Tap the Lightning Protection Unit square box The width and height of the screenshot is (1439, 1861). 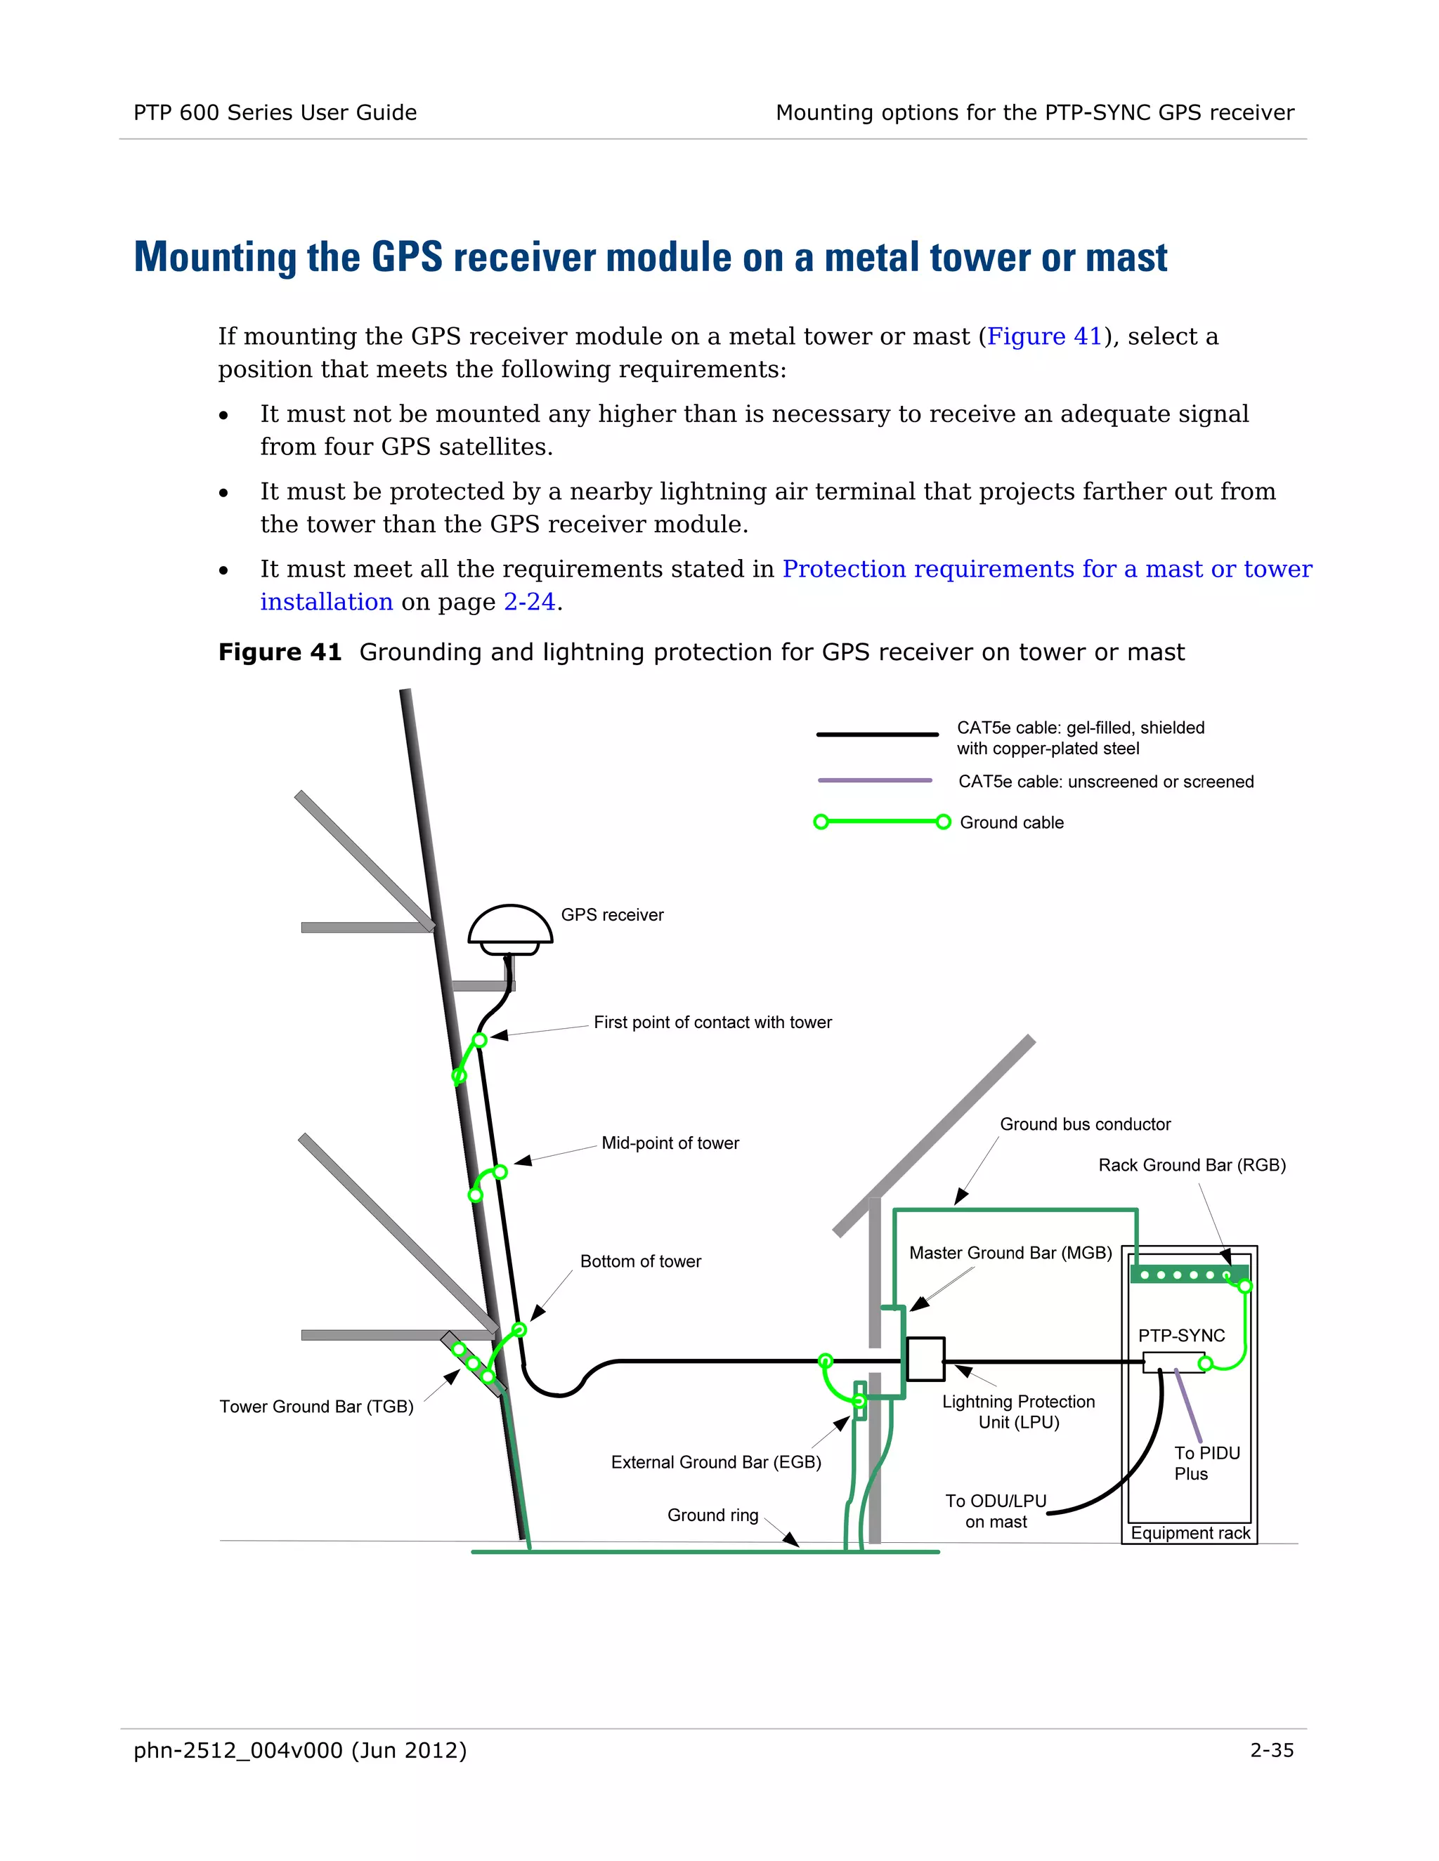click(925, 1358)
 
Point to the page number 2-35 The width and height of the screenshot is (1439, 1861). click(1271, 1750)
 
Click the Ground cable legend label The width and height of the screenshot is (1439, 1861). click(1011, 822)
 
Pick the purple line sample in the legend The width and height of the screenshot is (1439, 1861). click(874, 780)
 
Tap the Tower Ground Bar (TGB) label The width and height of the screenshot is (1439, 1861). click(316, 1406)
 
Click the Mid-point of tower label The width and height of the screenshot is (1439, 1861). click(670, 1143)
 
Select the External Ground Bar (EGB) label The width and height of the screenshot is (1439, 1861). click(715, 1462)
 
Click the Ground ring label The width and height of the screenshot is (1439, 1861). click(712, 1515)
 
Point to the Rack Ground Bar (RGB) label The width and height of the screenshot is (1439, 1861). click(1191, 1165)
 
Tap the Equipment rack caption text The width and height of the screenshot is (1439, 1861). click(1190, 1533)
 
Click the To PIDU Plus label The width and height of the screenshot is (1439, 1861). click(1206, 1463)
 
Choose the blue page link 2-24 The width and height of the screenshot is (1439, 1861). click(528, 603)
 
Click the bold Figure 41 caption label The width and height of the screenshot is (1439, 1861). click(280, 652)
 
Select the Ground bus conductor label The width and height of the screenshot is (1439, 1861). click(1084, 1124)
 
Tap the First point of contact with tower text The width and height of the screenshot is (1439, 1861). click(712, 1022)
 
